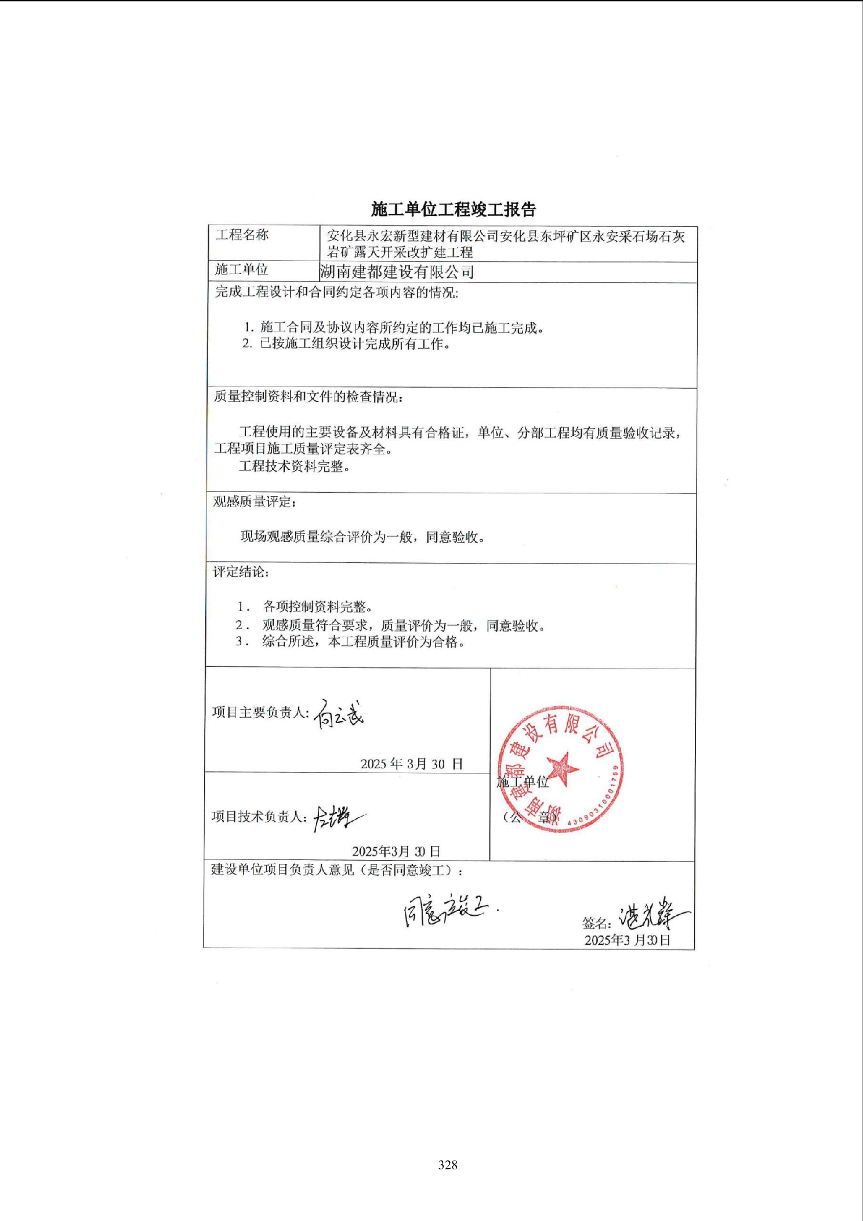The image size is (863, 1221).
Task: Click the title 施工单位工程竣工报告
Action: click(454, 209)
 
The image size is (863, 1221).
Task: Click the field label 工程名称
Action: click(242, 235)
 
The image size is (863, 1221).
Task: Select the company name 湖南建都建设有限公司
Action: click(397, 272)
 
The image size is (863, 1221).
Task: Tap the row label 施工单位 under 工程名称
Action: click(241, 269)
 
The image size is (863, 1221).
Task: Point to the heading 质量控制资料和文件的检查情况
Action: click(308, 397)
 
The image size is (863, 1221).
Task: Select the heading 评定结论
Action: click(241, 572)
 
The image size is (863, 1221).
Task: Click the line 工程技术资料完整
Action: click(294, 467)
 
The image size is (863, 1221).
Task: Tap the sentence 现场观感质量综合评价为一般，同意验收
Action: click(362, 537)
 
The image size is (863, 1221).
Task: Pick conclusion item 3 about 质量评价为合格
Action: click(350, 642)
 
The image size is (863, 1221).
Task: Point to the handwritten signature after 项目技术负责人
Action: click(338, 818)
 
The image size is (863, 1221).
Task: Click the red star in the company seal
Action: click(562, 768)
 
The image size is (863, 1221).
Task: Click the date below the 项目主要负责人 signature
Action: click(411, 764)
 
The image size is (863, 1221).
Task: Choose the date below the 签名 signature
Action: click(627, 940)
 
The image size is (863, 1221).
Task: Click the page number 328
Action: click(448, 1165)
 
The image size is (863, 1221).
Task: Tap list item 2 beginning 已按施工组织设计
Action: click(346, 344)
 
